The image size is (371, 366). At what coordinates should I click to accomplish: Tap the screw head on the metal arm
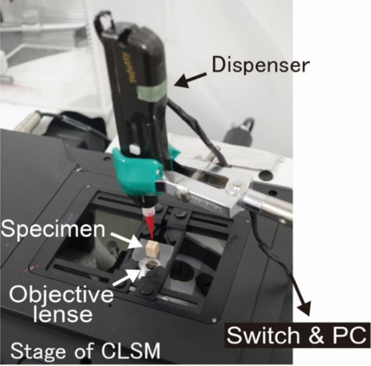point(236,189)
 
